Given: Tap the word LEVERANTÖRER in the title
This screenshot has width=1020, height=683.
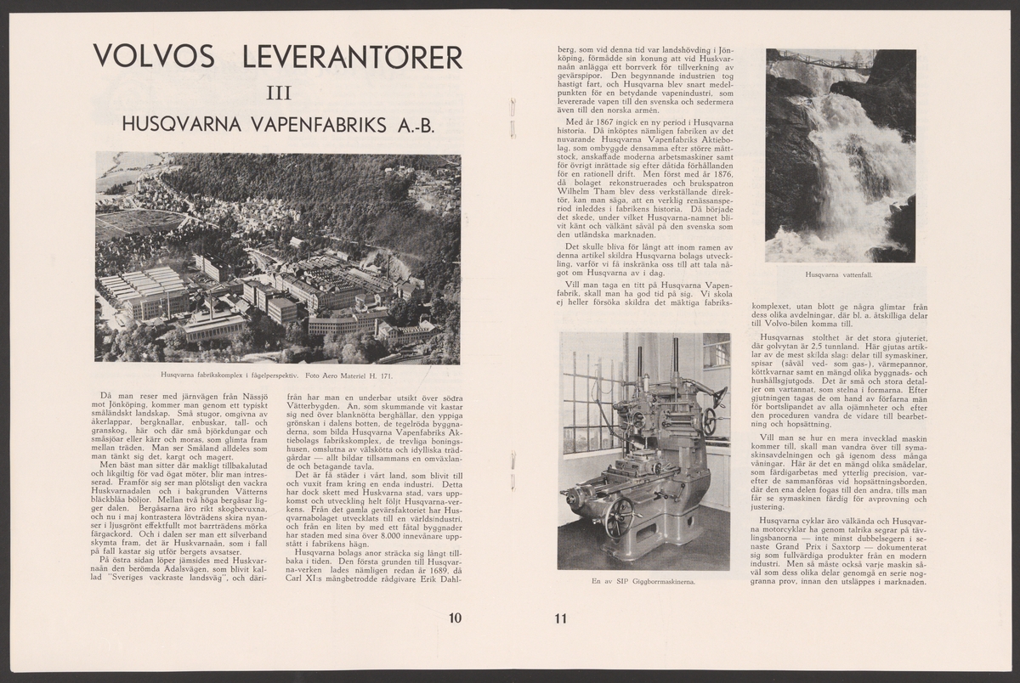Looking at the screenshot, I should (x=353, y=57).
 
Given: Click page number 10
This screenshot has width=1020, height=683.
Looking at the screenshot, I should (x=456, y=618).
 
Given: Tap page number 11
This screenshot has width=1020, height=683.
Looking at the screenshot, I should (x=559, y=618).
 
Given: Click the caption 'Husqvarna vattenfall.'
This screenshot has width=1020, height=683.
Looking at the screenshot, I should (x=840, y=274).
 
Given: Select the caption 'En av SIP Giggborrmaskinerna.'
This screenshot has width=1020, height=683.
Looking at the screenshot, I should (x=643, y=582).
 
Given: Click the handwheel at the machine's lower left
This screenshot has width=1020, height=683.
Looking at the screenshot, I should (x=620, y=516).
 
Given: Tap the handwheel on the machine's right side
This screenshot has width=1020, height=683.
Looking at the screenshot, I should (x=708, y=422).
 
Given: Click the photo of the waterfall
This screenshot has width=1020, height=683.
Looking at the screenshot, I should (x=840, y=155).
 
